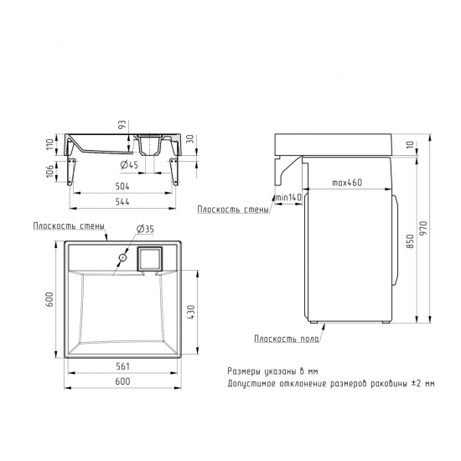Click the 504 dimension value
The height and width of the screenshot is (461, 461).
coord(122,186)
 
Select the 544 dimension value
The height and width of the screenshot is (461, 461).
coord(122,202)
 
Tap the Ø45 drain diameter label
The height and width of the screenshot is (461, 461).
coord(129,165)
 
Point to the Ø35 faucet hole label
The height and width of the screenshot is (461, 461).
coord(146,229)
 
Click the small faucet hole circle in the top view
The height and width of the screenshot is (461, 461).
coord(123,258)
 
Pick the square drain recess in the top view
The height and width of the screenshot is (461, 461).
coord(150,259)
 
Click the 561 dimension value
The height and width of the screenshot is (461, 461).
coord(122,366)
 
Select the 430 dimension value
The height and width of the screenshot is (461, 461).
coord(191,313)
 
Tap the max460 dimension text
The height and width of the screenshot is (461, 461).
coord(347,183)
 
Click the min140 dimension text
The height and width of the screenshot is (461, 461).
coord(288,197)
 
